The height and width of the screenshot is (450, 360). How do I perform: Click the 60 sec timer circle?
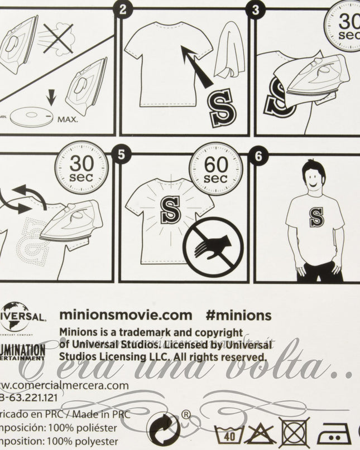(215, 168)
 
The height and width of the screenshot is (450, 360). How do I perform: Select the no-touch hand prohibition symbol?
(212, 246)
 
